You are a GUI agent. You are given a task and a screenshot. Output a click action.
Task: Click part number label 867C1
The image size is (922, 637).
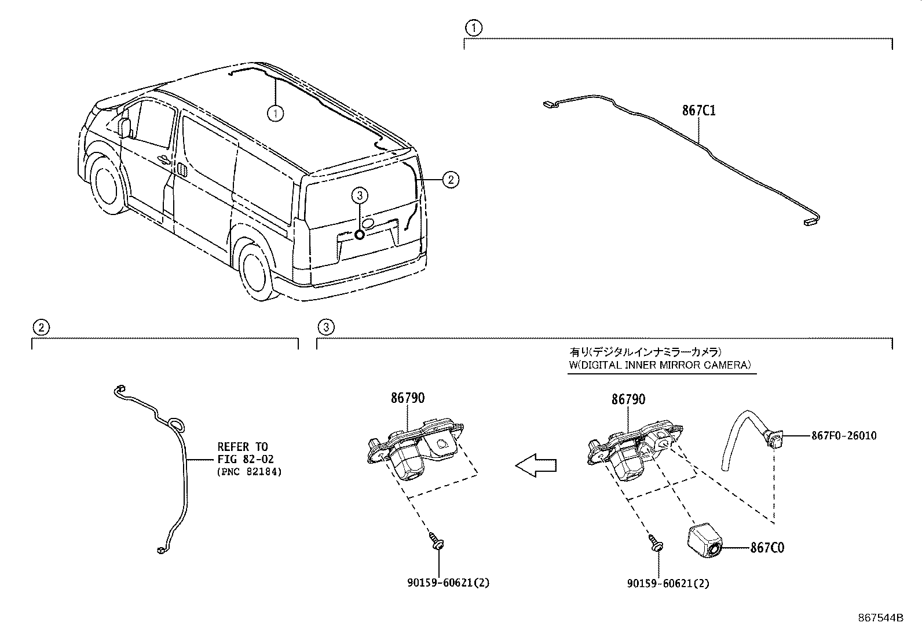tap(698, 110)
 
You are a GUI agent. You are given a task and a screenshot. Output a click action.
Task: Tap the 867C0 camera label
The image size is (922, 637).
tap(767, 547)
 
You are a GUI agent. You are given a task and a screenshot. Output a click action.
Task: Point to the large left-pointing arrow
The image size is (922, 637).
tap(536, 465)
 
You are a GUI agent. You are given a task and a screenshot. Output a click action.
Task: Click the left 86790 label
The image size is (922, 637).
tap(407, 398)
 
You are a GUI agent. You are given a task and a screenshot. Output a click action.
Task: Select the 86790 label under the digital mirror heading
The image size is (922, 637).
tap(628, 399)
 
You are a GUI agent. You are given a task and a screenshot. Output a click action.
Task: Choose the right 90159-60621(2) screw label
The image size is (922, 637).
tap(668, 584)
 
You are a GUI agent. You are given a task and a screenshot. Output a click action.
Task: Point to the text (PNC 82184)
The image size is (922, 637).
tap(249, 472)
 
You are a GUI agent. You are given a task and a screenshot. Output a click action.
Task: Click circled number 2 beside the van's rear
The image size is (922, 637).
tap(451, 180)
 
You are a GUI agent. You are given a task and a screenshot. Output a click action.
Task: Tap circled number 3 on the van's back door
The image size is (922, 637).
tap(359, 196)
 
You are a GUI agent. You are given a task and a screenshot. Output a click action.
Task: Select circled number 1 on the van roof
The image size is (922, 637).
tap(276, 114)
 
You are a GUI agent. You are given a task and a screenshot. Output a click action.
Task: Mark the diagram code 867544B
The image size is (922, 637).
tap(880, 617)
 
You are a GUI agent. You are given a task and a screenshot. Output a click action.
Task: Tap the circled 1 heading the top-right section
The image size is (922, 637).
tap(474, 27)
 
